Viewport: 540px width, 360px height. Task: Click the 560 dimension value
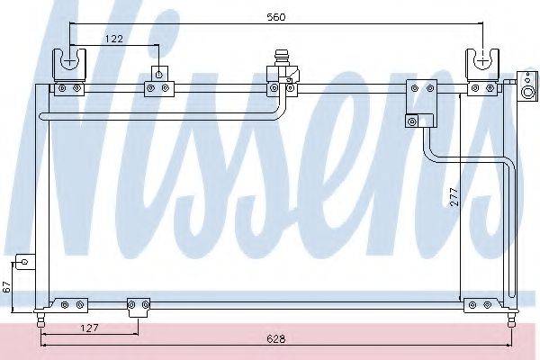pyautogui.click(x=276, y=17)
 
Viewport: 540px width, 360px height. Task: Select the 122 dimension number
pyautogui.click(x=114, y=39)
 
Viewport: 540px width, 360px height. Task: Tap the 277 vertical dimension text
pyautogui.click(x=454, y=196)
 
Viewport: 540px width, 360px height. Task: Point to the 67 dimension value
pyautogui.click(x=7, y=287)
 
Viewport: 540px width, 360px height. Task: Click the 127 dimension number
pyautogui.click(x=89, y=328)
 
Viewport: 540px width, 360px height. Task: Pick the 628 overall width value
pyautogui.click(x=276, y=339)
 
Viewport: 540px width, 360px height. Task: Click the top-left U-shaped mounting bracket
pyautogui.click(x=69, y=66)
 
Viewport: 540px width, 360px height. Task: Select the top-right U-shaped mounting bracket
pyautogui.click(x=482, y=66)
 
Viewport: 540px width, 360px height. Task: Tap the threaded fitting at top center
pyautogui.click(x=281, y=58)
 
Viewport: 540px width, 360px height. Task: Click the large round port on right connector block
pyautogui.click(x=528, y=93)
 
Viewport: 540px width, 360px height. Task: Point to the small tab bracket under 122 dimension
pyautogui.click(x=159, y=74)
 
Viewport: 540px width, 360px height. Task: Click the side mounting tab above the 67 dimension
pyautogui.click(x=25, y=262)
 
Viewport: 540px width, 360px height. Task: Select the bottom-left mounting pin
pyautogui.click(x=41, y=320)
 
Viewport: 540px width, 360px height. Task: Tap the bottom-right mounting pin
pyautogui.click(x=512, y=320)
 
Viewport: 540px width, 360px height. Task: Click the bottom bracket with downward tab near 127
pyautogui.click(x=139, y=308)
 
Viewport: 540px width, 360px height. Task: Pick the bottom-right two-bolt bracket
pyautogui.click(x=480, y=305)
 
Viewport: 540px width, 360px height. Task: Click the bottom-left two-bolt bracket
pyautogui.click(x=72, y=305)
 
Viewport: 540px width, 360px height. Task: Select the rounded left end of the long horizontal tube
pyautogui.click(x=41, y=116)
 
